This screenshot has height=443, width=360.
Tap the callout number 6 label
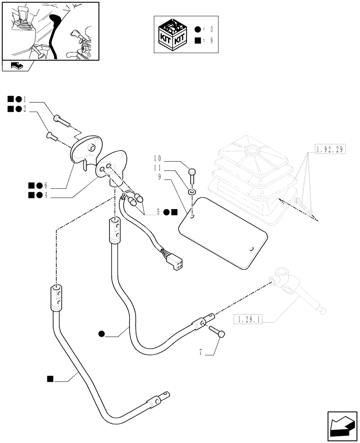[45, 185]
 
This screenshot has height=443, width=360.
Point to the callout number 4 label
[45, 195]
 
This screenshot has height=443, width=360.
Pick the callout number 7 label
[201, 353]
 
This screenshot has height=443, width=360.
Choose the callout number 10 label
[157, 158]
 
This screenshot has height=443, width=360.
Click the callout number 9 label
[159, 176]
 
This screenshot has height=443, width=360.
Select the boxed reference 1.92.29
[330, 149]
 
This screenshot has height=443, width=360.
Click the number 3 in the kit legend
[212, 29]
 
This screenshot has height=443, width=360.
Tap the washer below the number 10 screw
[191, 192]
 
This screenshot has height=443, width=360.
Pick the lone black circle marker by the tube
[102, 334]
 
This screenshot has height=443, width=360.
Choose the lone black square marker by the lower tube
[50, 378]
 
